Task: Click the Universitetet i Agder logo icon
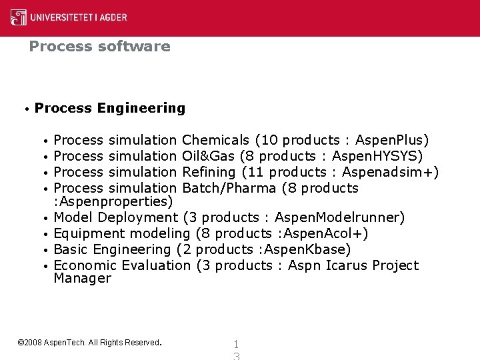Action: [19, 17]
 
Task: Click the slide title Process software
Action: [99, 47]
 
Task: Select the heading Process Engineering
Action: [109, 108]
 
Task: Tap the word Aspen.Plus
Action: [392, 140]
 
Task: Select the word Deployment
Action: [137, 217]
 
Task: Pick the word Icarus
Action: [346, 265]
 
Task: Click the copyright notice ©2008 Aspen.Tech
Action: [89, 343]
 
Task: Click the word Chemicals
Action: [215, 140]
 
